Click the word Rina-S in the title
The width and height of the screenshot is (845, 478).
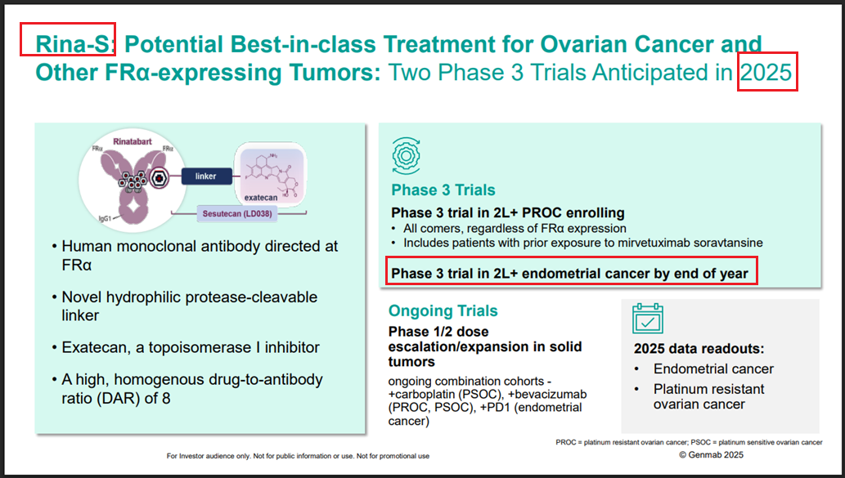(x=73, y=44)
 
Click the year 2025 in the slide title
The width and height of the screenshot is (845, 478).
(x=766, y=73)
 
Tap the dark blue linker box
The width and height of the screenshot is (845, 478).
(x=206, y=176)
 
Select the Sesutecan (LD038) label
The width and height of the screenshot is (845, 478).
(x=237, y=214)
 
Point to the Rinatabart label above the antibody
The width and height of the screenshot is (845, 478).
(x=132, y=141)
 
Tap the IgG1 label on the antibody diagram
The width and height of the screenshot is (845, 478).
(x=105, y=218)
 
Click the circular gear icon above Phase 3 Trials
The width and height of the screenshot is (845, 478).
(x=407, y=156)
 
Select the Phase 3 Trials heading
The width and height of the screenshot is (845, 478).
(x=443, y=190)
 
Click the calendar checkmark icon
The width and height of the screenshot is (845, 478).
(x=648, y=319)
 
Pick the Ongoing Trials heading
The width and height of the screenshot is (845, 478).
(x=443, y=311)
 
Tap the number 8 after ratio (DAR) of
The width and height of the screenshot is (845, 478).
(x=166, y=399)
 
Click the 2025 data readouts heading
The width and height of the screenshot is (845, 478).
(x=699, y=349)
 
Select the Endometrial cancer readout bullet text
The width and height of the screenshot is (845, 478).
(x=713, y=369)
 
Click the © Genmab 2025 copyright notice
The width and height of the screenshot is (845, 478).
(x=711, y=455)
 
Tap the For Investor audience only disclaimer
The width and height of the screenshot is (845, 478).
(x=298, y=456)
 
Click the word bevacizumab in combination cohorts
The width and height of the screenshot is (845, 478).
(x=547, y=395)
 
